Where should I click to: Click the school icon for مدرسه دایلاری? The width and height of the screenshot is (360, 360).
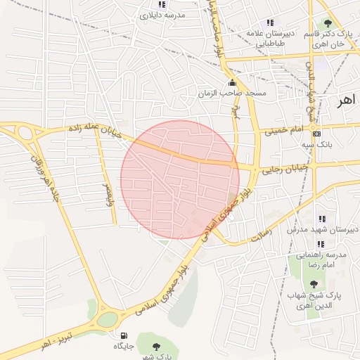pyautogui.click(x=162, y=4)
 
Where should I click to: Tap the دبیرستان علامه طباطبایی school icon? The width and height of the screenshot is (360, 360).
pyautogui.click(x=270, y=22)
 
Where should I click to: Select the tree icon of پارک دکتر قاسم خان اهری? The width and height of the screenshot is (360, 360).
pyautogui.click(x=328, y=24)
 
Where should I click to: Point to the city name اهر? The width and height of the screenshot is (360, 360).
pyautogui.click(x=347, y=100)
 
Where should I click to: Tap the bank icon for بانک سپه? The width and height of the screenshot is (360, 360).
pyautogui.click(x=316, y=134)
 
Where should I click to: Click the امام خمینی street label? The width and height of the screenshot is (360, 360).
pyautogui.click(x=283, y=130)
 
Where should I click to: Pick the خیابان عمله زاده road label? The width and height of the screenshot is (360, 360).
pyautogui.click(x=94, y=131)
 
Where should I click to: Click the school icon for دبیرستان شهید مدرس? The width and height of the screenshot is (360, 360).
pyautogui.click(x=322, y=219)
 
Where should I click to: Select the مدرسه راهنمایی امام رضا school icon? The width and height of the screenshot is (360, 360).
pyautogui.click(x=321, y=244)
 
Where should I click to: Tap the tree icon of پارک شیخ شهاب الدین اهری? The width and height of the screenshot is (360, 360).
pyautogui.click(x=314, y=284)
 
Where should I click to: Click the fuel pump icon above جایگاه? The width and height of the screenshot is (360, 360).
pyautogui.click(x=124, y=335)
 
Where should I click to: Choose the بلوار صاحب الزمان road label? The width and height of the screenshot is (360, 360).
pyautogui.click(x=219, y=32)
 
